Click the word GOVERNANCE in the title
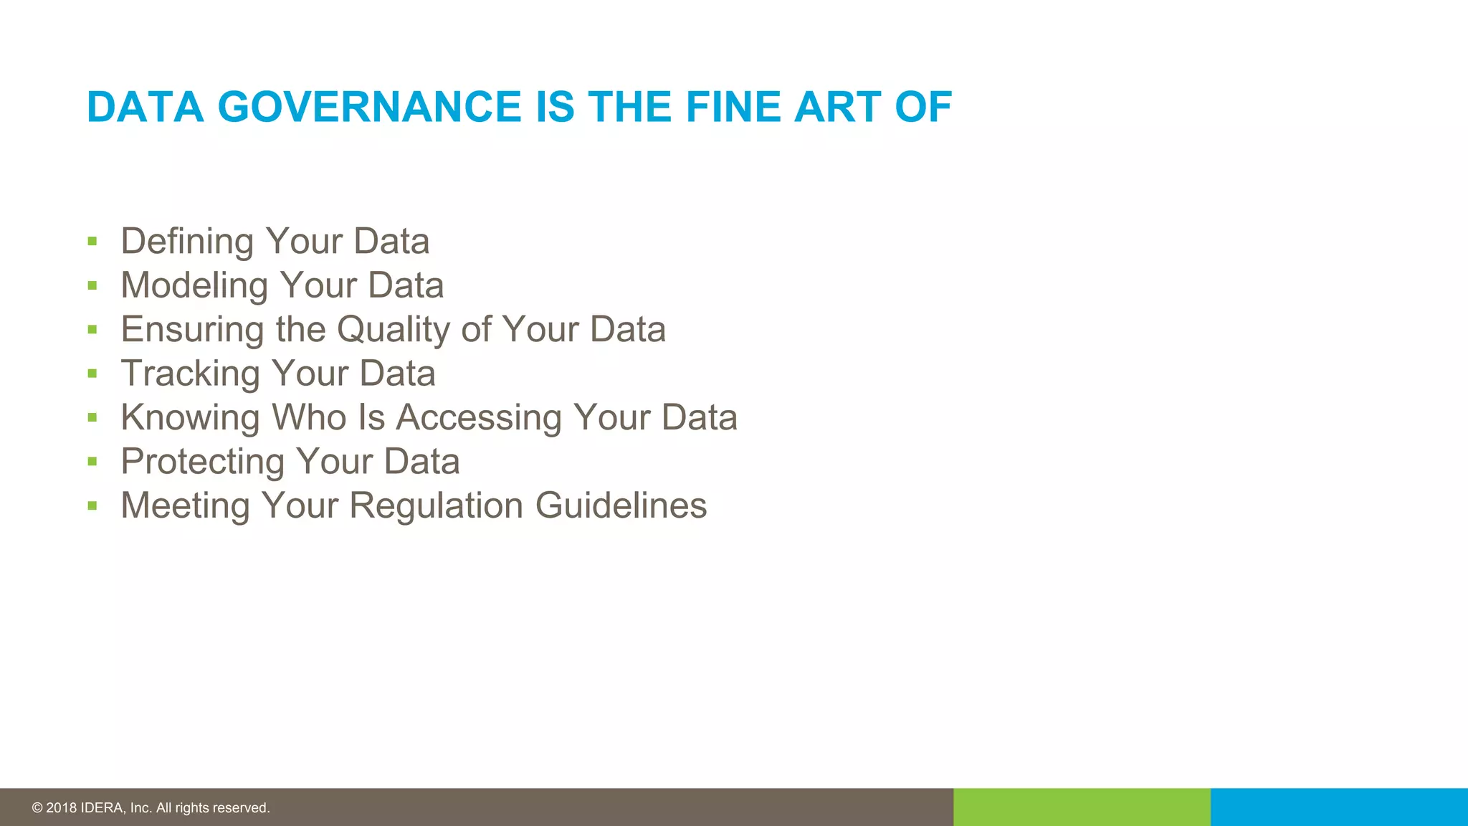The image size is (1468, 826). tap(370, 108)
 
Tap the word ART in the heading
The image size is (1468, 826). tap(837, 108)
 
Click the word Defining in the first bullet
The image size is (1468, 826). tap(187, 242)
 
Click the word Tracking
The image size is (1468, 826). tap(190, 374)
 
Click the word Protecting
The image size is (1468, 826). tap(203, 462)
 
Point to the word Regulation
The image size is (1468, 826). tap(437, 505)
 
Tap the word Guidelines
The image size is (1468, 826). tap(621, 505)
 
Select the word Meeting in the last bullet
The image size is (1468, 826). tap(185, 505)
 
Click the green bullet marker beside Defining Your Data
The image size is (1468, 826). tap(92, 242)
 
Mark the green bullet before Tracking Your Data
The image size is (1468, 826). tap(92, 374)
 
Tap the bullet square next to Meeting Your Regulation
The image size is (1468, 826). tap(92, 505)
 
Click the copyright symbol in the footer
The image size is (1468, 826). tap(37, 808)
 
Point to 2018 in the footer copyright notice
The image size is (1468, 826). tap(61, 808)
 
